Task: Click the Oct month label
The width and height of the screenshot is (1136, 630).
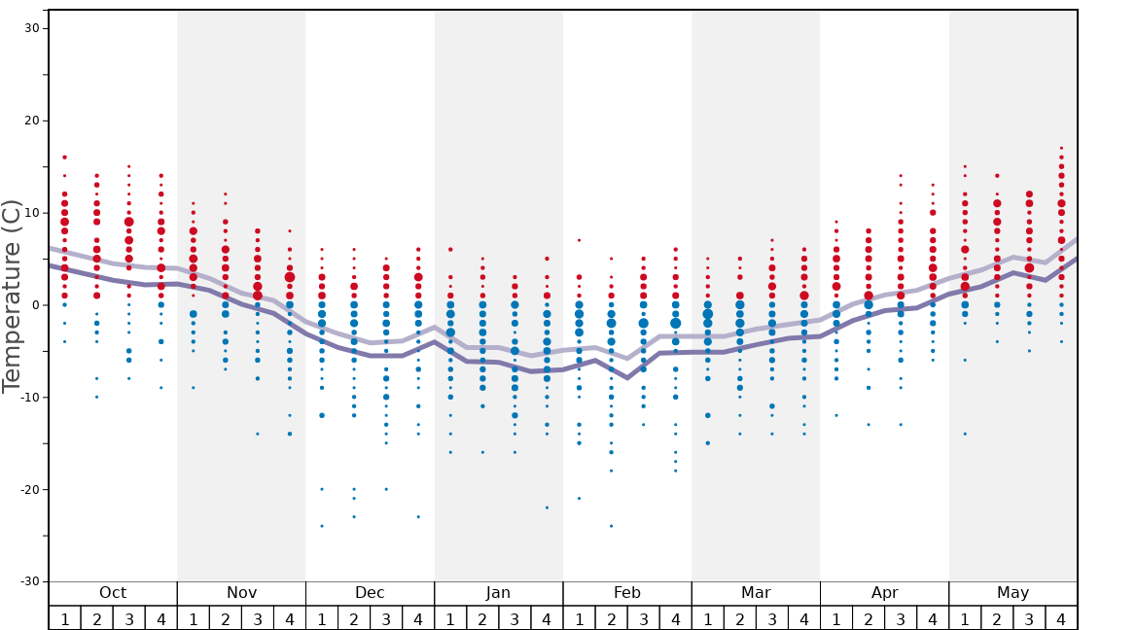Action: [113, 593]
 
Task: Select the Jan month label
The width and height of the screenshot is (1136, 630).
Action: [498, 593]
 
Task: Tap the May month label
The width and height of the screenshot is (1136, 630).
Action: [1012, 593]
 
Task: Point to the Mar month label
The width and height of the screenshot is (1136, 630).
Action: [756, 593]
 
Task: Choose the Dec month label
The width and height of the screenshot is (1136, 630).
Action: [370, 593]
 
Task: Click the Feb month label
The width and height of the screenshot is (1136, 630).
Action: [627, 593]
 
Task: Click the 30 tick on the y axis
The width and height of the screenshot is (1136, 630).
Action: [31, 28]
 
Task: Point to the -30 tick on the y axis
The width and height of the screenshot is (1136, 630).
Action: [28, 581]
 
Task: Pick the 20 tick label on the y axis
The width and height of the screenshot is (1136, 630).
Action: [31, 121]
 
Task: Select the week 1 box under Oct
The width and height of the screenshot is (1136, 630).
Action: [65, 618]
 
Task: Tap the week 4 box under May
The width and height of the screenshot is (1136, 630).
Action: [1061, 618]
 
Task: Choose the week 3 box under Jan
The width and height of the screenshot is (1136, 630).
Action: [515, 618]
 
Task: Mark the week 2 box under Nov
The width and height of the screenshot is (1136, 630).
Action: [226, 618]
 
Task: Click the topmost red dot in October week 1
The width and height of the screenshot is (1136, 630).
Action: [65, 157]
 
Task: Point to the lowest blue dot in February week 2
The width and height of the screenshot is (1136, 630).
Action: [611, 526]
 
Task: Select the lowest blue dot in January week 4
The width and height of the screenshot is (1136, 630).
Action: [547, 507]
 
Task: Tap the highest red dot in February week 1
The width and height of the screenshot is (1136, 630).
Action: [579, 240]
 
